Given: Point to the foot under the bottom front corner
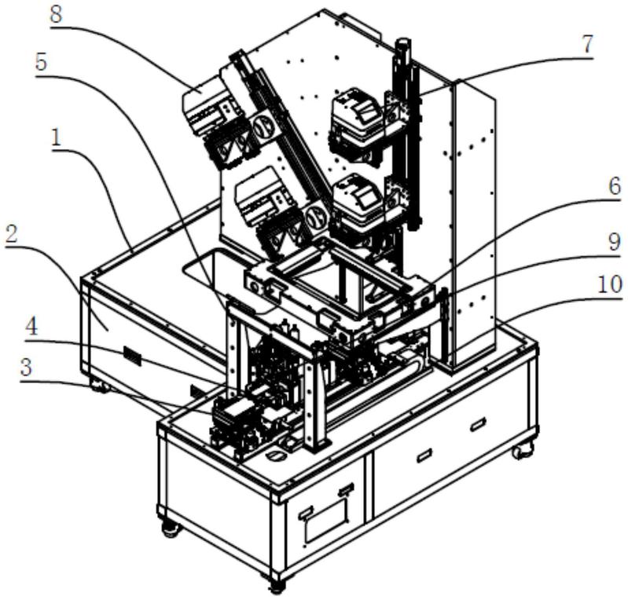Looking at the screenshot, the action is [x=276, y=583].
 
